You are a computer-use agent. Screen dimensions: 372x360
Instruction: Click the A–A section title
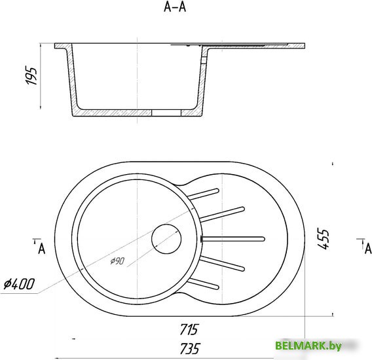pos(175,7)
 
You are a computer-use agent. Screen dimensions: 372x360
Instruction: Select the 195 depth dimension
pos(31,76)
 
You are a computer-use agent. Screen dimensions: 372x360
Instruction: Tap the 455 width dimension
pos(324,238)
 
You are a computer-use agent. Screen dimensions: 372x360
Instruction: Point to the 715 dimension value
pos(189,329)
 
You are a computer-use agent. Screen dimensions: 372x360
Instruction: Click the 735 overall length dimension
pos(190,348)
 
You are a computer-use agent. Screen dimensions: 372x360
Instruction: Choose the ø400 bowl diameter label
pos(19,283)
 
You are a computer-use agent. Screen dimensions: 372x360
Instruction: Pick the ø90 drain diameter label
pos(117,261)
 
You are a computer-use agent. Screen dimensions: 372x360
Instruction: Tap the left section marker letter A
pos(41,249)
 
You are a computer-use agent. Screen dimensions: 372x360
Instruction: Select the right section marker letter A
pos(369,249)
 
